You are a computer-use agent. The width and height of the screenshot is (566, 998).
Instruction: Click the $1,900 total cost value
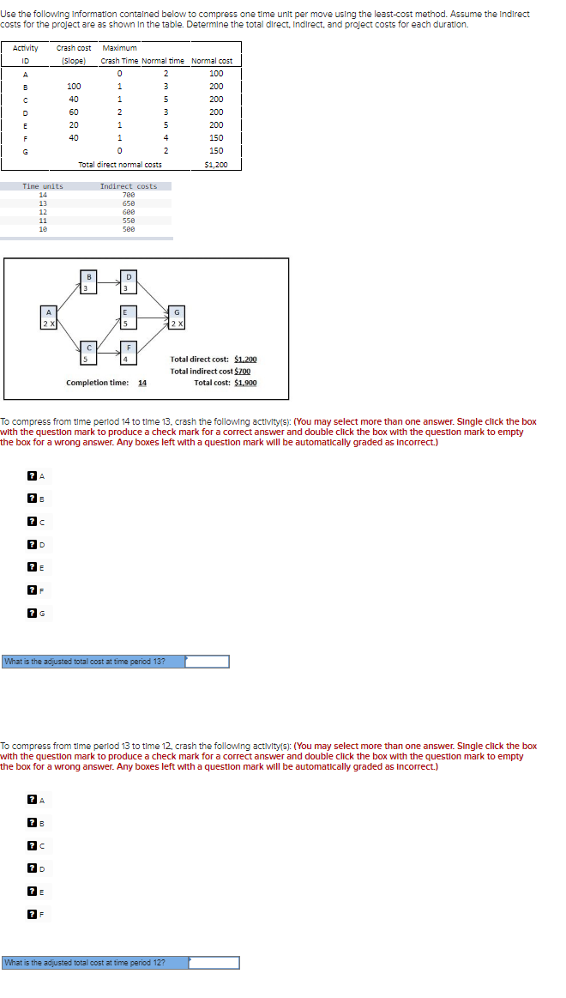point(244,383)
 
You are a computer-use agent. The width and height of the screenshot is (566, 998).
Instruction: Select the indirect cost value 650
point(129,203)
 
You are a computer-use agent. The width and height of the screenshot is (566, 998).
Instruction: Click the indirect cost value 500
point(129,229)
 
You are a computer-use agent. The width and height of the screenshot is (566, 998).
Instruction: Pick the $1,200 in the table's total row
point(215,164)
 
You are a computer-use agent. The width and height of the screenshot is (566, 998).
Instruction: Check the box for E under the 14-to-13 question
point(32,566)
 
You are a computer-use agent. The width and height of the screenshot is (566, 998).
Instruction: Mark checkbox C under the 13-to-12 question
point(32,845)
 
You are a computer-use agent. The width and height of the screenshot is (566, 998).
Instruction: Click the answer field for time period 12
point(214,963)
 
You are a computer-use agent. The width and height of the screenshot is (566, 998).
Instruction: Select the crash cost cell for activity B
point(74,87)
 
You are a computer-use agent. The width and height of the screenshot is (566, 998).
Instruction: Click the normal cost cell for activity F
point(215,138)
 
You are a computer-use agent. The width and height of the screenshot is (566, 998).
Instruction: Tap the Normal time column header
point(162,61)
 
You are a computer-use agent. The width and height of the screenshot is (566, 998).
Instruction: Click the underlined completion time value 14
point(142,383)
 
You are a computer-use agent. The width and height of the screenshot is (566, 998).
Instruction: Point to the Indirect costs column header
point(129,186)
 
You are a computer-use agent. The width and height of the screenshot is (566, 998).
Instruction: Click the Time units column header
point(43,186)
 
